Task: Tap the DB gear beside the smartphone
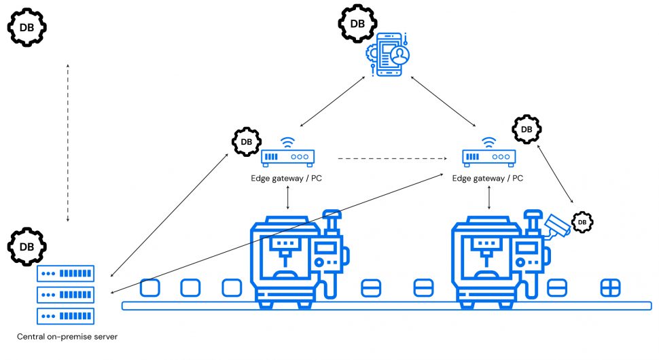pos(357,24)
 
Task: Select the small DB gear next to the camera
pos(582,221)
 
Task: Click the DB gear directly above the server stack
pos(26,246)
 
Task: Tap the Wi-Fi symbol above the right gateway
pos(488,142)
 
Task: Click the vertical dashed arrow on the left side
pos(67,143)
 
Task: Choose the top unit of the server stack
pos(66,273)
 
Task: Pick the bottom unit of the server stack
pos(66,317)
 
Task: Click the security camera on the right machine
pos(556,226)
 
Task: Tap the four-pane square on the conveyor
pos(610,288)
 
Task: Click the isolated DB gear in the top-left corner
pos(26,26)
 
